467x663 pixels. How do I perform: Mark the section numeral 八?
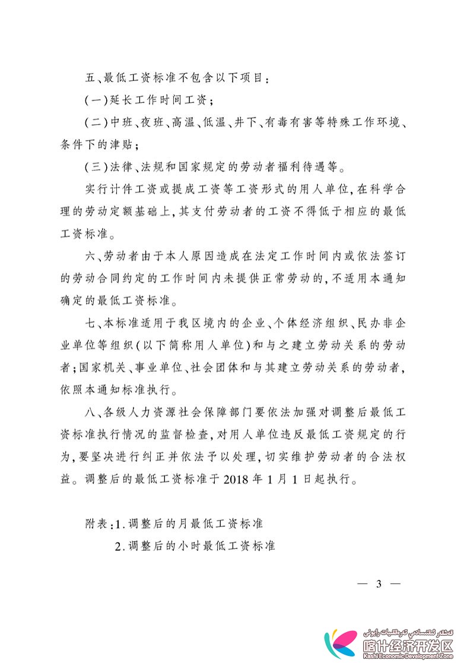point(90,413)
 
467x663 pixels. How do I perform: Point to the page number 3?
point(379,583)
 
